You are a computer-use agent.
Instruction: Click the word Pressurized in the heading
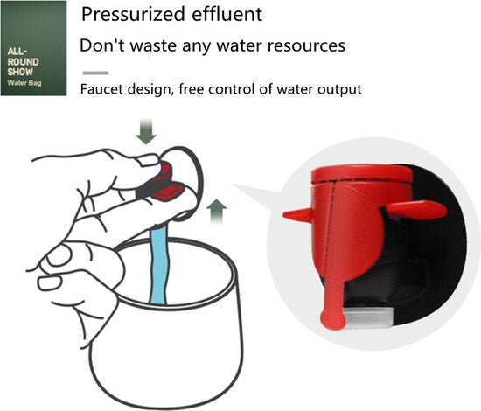(x=134, y=14)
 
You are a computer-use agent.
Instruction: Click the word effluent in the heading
(x=227, y=14)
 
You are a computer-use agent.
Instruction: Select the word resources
(x=306, y=46)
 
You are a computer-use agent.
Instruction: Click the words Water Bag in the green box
(x=24, y=83)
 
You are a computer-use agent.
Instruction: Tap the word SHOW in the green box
(x=20, y=72)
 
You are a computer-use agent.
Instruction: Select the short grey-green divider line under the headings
(x=95, y=73)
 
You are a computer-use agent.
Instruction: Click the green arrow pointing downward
(x=146, y=131)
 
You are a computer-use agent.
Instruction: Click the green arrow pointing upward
(x=217, y=211)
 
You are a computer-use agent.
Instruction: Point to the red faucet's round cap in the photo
(x=361, y=174)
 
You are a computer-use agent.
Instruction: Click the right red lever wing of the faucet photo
(x=416, y=209)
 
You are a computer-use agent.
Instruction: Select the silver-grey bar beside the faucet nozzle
(x=367, y=317)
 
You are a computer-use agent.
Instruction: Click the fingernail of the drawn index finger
(x=149, y=160)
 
